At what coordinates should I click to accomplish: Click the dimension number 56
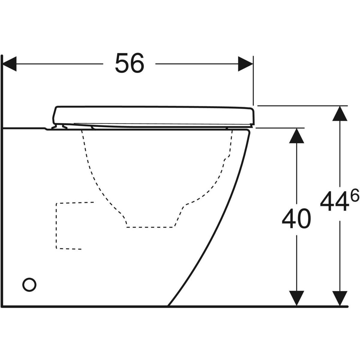(x=130, y=63)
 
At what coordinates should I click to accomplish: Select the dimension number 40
(x=296, y=218)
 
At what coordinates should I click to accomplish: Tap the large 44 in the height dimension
(x=334, y=201)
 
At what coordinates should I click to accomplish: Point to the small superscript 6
(x=354, y=195)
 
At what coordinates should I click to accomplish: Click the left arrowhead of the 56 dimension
(x=9, y=64)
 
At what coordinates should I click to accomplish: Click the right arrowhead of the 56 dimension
(x=245, y=64)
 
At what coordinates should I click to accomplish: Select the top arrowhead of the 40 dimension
(x=296, y=136)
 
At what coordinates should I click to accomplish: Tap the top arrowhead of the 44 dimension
(x=340, y=113)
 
